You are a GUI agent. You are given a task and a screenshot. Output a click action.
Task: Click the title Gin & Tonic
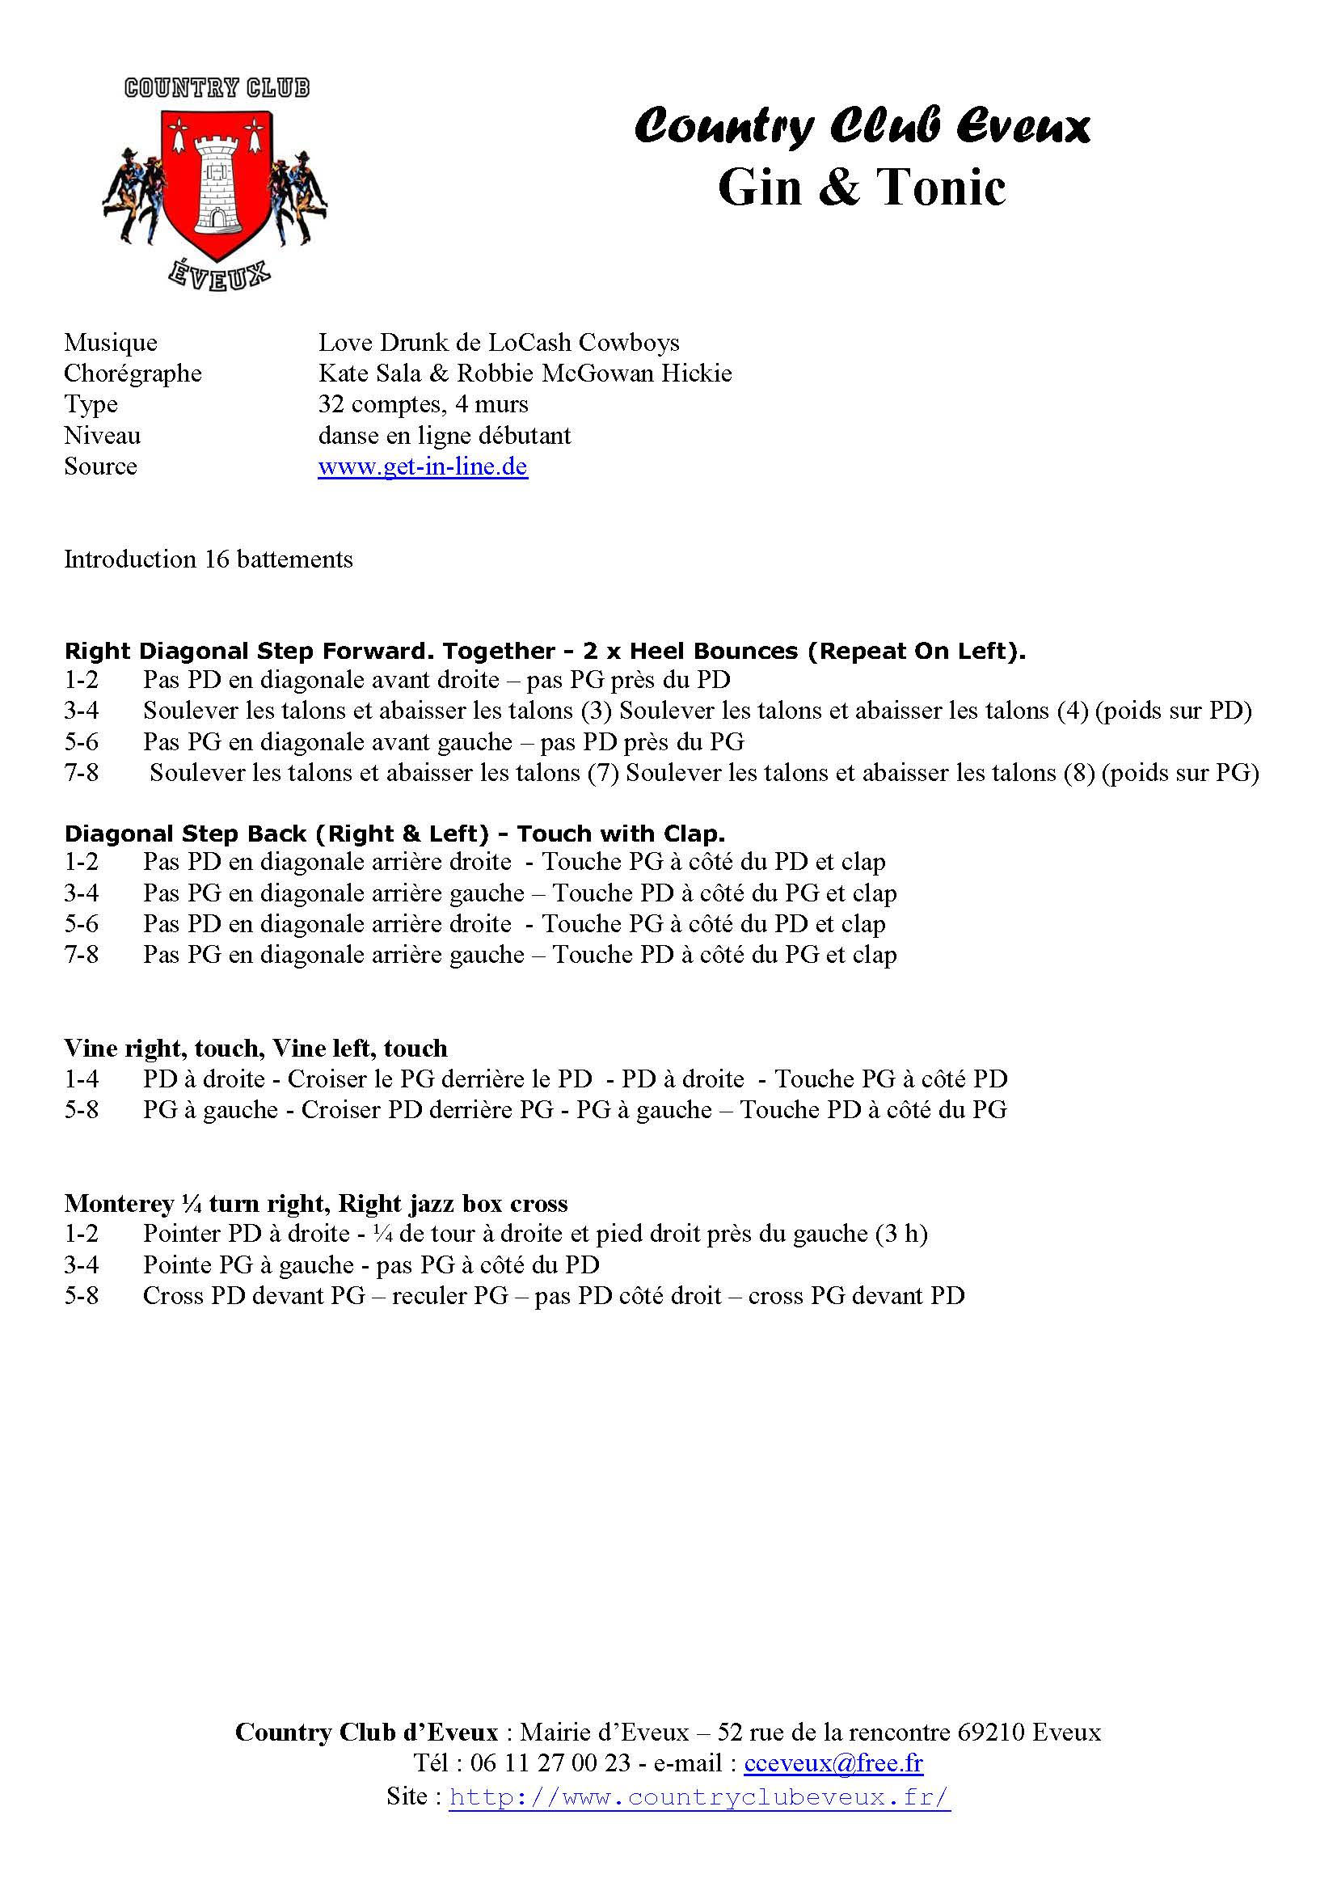click(x=861, y=188)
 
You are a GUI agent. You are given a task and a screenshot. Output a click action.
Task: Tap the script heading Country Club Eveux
click(x=862, y=127)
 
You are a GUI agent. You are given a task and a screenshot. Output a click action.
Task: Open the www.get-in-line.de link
click(x=422, y=466)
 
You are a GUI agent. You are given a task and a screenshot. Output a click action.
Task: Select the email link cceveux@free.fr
click(x=833, y=1762)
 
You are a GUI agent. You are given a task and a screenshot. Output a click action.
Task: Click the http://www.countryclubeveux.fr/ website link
click(x=699, y=1796)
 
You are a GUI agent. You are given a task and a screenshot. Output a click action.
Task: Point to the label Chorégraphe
click(x=133, y=374)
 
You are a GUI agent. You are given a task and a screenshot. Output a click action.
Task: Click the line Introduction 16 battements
click(x=209, y=559)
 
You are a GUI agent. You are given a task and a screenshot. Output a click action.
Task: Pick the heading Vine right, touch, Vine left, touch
click(x=256, y=1049)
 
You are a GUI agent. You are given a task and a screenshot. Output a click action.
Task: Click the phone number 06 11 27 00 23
click(x=550, y=1762)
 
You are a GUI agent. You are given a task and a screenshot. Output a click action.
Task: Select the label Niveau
click(x=102, y=436)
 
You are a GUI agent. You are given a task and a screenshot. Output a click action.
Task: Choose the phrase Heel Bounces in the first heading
click(x=713, y=652)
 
